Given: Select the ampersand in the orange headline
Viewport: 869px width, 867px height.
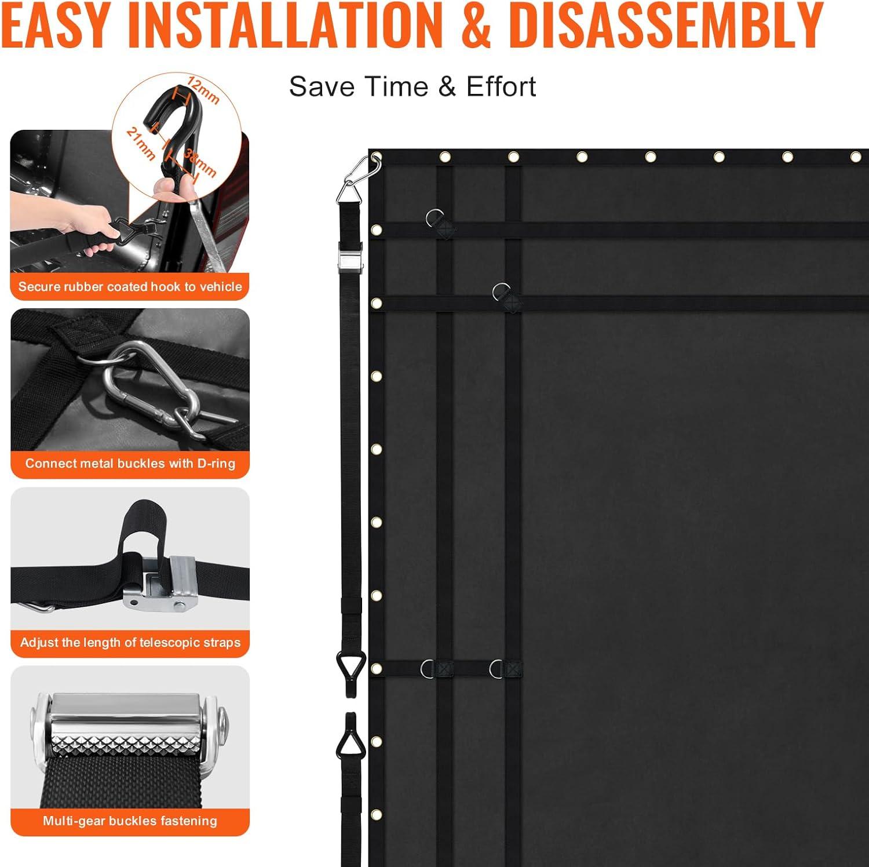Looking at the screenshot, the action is tap(476, 25).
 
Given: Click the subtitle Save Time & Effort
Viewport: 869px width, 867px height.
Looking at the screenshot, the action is tap(412, 86).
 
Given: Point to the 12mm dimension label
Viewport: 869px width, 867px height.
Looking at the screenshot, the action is tap(203, 89).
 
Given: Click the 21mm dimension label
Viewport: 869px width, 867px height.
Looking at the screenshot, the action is tap(141, 143).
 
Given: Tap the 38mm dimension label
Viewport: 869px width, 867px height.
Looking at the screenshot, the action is tap(200, 163).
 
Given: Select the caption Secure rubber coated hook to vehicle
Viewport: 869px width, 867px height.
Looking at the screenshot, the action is tap(130, 286).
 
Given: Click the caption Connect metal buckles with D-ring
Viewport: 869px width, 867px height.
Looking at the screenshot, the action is tap(130, 464).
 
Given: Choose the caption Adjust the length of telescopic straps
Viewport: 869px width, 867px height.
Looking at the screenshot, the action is tap(130, 642).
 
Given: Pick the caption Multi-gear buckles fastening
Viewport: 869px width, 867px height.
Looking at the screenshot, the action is tap(130, 821).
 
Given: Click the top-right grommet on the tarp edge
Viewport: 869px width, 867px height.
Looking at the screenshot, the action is tap(856, 157).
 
